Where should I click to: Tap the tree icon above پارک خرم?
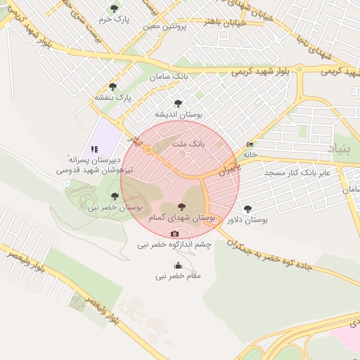pos(115,8)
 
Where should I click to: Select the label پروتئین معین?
pos(165,27)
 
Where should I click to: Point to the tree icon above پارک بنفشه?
pos(112,86)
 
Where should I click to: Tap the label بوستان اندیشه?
pos(179,114)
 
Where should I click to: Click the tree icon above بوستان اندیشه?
pos(177,103)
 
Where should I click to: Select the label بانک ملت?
pos(188,143)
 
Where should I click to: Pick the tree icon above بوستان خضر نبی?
pos(115,196)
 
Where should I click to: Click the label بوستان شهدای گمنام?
pos(182,218)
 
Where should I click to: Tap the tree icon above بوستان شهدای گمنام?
pos(182,207)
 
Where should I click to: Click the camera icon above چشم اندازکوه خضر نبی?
pos(174,233)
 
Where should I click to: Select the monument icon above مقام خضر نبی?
pos(178,266)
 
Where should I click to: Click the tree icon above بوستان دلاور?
pos(247,208)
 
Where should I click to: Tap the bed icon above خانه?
pos(250,145)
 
